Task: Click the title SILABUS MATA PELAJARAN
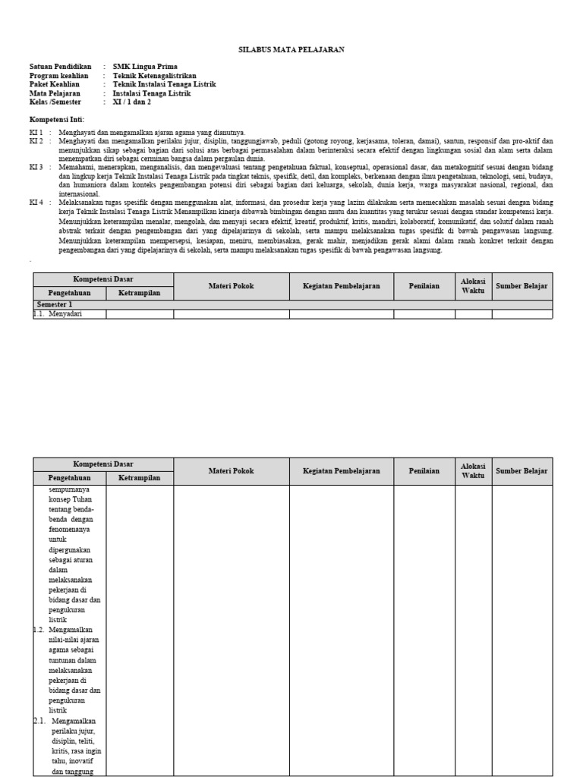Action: pyautogui.click(x=291, y=49)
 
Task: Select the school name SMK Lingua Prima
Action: pyautogui.click(x=145, y=67)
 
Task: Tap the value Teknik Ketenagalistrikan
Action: pyautogui.click(x=155, y=76)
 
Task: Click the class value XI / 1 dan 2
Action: pyautogui.click(x=132, y=102)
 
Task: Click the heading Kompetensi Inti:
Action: pyautogui.click(x=57, y=120)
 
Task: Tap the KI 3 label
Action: pyautogui.click(x=36, y=166)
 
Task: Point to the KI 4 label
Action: pyautogui.click(x=36, y=203)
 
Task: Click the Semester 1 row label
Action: pyautogui.click(x=54, y=304)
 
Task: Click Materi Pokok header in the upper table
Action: pyautogui.click(x=231, y=285)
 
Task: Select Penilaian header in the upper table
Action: pyautogui.click(x=424, y=285)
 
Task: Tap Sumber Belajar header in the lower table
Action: pyautogui.click(x=522, y=470)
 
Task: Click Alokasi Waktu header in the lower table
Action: pyautogui.click(x=473, y=470)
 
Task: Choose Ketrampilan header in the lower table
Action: pyautogui.click(x=139, y=478)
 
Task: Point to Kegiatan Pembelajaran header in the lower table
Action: pyautogui.click(x=341, y=470)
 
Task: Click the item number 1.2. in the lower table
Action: pyautogui.click(x=39, y=630)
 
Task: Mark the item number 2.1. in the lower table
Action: pyautogui.click(x=40, y=721)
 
